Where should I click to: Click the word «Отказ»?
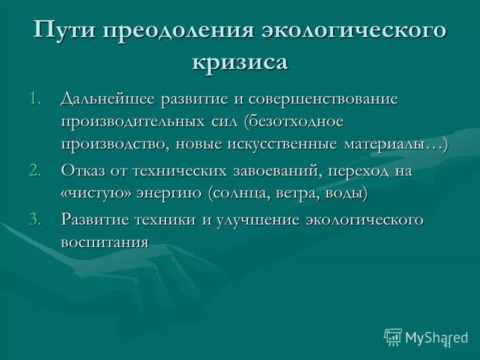coord(83,171)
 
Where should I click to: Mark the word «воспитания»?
coord(105,242)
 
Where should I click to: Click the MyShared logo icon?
coord(393,337)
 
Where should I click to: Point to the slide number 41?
coord(447,345)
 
